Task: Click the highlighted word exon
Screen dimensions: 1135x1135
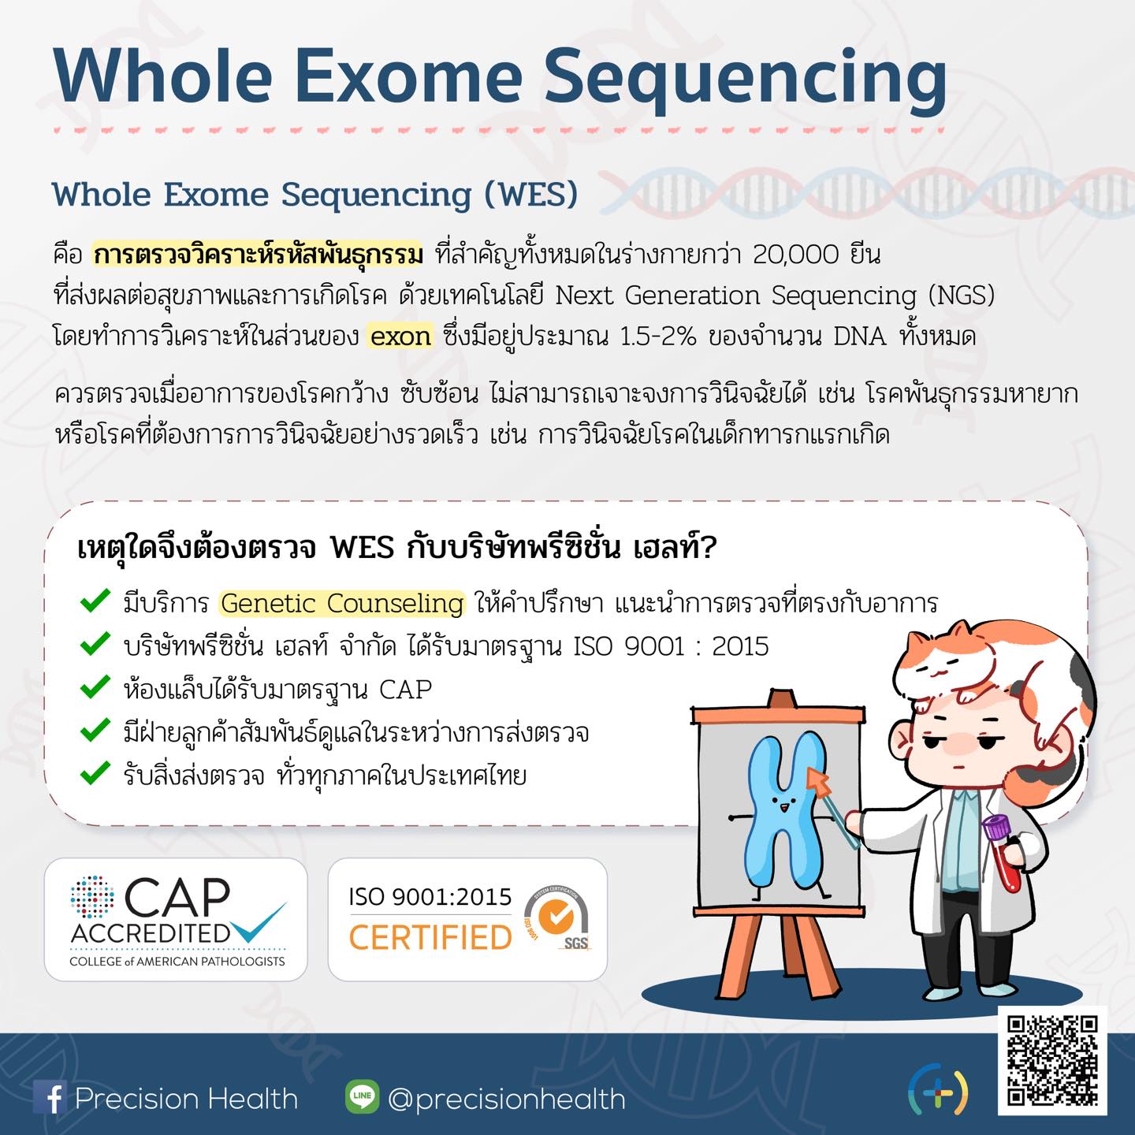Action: click(400, 337)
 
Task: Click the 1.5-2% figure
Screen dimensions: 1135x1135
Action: click(658, 337)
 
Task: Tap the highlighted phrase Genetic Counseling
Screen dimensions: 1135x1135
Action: click(342, 604)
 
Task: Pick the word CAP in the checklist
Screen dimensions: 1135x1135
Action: click(406, 689)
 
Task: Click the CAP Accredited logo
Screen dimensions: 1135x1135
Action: click(176, 920)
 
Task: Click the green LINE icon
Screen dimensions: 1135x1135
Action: click(362, 1096)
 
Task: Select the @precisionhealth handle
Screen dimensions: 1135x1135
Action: click(507, 1099)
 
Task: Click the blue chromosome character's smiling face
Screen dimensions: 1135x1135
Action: click(784, 806)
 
